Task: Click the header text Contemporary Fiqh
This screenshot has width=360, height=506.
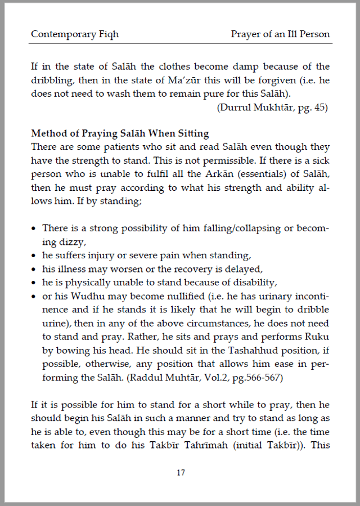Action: coord(75,34)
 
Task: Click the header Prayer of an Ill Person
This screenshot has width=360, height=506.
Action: coord(280,34)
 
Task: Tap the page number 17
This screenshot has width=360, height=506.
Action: coord(181,473)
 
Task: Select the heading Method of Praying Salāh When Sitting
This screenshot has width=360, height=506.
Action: coord(120,133)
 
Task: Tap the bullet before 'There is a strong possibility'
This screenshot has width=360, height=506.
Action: coord(34,229)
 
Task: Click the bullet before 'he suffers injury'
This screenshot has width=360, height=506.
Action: coord(34,256)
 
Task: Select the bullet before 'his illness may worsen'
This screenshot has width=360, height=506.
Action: coord(34,270)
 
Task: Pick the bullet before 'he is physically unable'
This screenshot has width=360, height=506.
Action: coord(34,283)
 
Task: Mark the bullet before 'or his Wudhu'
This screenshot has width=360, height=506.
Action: coord(34,297)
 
